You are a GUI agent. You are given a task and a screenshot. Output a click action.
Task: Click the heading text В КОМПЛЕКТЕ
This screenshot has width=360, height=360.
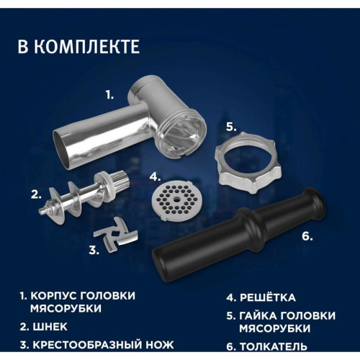click(78, 48)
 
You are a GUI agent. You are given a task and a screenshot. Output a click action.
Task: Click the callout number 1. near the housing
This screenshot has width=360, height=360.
click(110, 94)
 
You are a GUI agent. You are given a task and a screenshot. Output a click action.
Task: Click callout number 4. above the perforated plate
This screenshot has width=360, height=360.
click(155, 175)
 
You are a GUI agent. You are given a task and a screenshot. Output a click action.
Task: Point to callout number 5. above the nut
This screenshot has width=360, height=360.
click(230, 126)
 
